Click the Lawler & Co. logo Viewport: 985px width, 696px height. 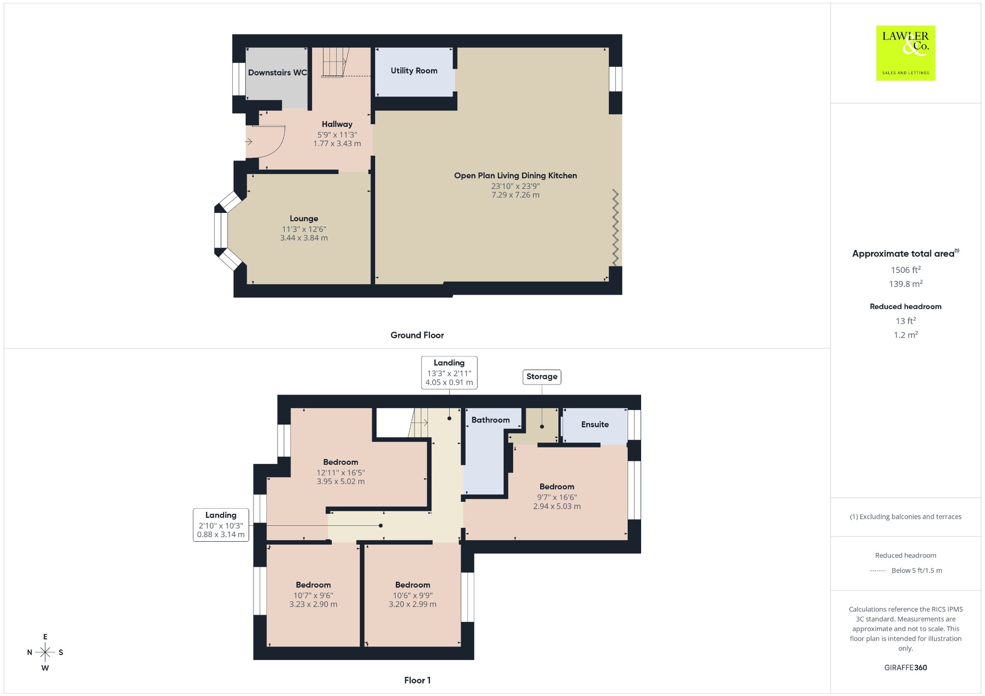click(x=906, y=53)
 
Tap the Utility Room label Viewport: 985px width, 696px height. click(x=414, y=71)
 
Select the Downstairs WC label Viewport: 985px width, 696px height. click(x=278, y=73)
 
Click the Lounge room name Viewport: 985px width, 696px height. click(x=304, y=219)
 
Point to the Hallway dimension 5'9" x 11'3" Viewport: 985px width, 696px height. click(x=337, y=135)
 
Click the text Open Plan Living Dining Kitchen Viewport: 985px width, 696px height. click(x=516, y=176)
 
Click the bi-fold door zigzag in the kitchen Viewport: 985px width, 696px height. click(x=615, y=227)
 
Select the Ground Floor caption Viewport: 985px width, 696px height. click(x=417, y=336)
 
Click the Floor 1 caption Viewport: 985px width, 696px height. click(x=417, y=680)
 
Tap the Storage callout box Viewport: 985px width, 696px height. click(x=542, y=377)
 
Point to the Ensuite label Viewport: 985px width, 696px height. click(x=595, y=424)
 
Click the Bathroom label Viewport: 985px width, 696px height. click(x=491, y=420)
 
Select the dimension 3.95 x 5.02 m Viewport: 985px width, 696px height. click(x=341, y=482)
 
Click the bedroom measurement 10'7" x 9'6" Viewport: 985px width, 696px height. click(x=314, y=596)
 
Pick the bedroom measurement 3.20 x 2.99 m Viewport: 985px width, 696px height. click(x=413, y=604)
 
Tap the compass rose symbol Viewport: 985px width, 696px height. click(x=45, y=652)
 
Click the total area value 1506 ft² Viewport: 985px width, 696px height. click(x=906, y=270)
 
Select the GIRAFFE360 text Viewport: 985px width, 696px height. click(x=906, y=668)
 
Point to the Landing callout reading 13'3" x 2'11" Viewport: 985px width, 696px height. click(x=449, y=373)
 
